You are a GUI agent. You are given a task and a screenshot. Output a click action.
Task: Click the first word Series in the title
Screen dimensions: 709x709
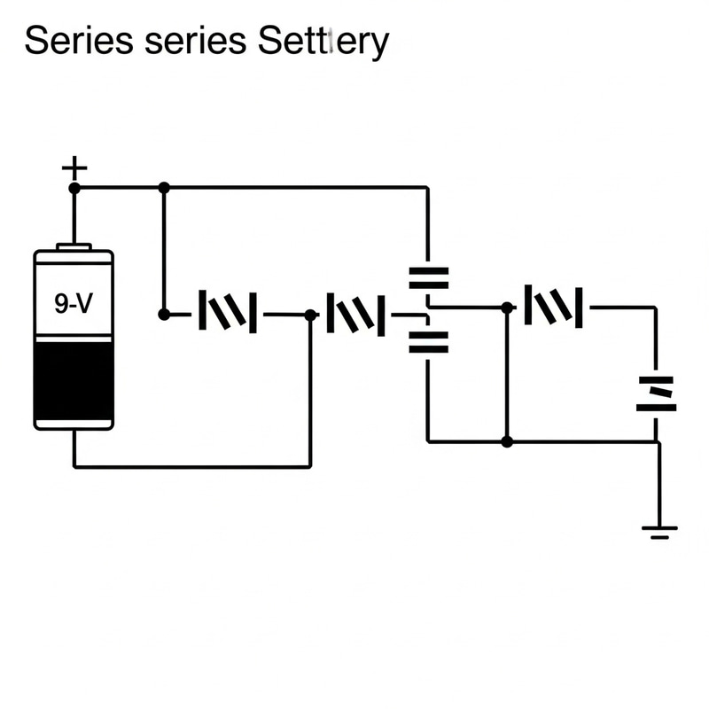pos(73,41)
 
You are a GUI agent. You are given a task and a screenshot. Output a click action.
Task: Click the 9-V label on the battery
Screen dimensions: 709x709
pos(73,304)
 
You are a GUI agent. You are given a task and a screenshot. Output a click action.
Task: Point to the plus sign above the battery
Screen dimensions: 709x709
pos(74,168)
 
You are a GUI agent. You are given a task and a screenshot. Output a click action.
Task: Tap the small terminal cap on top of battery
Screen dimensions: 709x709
pos(74,245)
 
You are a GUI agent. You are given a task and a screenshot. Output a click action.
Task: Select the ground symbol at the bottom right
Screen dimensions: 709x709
pos(658,531)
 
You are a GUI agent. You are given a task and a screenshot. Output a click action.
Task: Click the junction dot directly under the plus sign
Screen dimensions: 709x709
pos(74,188)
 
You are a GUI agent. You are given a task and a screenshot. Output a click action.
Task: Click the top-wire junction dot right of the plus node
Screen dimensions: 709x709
pos(163,188)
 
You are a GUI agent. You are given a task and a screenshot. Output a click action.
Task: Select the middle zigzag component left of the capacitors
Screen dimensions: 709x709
pos(356,314)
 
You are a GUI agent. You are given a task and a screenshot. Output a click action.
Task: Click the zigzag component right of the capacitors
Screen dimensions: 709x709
pos(554,307)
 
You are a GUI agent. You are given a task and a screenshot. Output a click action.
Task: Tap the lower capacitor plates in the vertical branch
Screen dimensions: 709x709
pos(428,341)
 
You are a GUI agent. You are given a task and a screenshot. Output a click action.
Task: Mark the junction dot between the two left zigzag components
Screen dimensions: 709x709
pos(310,315)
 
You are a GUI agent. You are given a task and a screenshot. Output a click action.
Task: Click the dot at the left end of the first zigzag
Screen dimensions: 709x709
pos(163,314)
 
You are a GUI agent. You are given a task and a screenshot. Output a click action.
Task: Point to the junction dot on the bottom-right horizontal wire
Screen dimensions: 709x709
pos(507,441)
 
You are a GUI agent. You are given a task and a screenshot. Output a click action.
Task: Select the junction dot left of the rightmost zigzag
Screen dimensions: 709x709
pos(507,308)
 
